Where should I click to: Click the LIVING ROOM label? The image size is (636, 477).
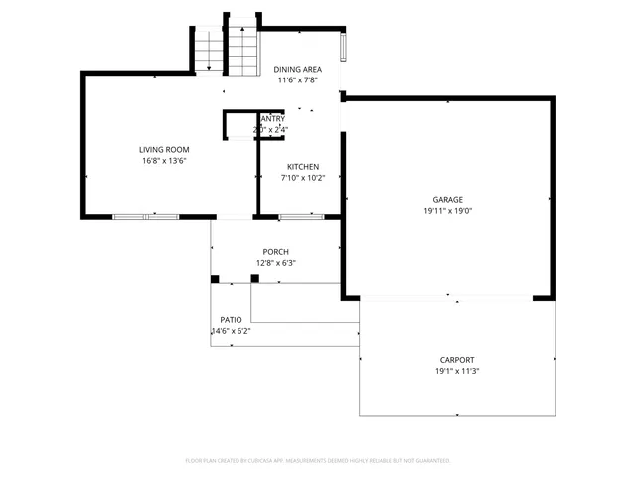click(164, 149)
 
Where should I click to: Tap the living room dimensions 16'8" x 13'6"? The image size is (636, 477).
click(164, 160)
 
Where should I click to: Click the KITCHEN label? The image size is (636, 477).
click(303, 166)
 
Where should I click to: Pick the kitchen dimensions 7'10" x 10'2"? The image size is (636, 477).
click(303, 178)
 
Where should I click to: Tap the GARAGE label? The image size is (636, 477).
click(447, 199)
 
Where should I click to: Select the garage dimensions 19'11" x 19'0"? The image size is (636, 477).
click(447, 210)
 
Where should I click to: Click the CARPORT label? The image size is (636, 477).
click(457, 360)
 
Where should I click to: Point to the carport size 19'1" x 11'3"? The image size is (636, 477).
click(457, 371)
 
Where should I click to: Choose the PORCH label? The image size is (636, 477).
click(275, 252)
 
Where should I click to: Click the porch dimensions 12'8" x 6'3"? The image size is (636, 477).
click(275, 263)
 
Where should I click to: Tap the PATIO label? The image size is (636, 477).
click(231, 320)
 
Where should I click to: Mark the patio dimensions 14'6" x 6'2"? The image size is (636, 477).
click(231, 331)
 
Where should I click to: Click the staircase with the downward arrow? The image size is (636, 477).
click(208, 51)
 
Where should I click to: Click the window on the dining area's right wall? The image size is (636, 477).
click(344, 48)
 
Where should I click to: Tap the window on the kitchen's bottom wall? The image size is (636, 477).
click(301, 216)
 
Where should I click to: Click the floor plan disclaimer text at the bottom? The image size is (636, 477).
click(318, 461)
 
